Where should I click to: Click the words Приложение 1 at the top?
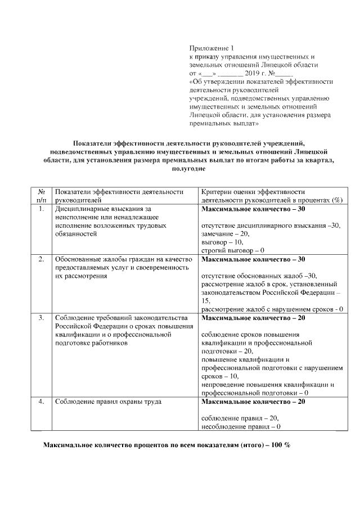click(211, 49)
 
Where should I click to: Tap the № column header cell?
click(41, 196)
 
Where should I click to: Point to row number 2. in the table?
click(41, 259)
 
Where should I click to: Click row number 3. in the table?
click(41, 318)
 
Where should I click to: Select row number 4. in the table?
click(41, 402)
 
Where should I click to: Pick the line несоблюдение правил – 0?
click(241, 427)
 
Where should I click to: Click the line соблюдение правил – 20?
click(240, 418)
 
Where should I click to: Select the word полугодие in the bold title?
click(188, 168)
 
